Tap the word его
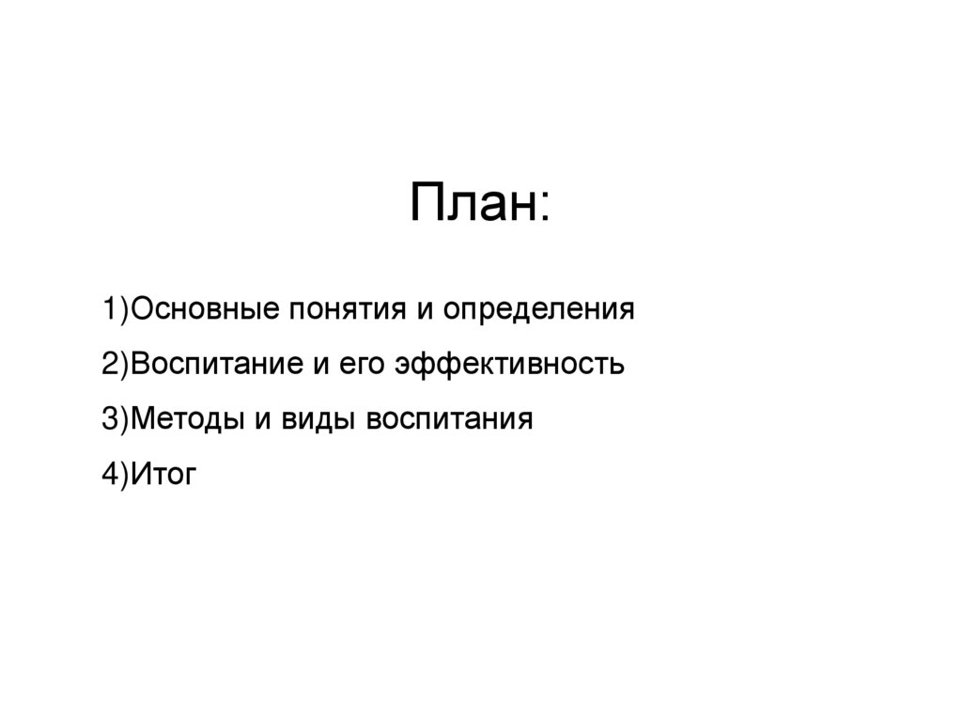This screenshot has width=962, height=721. (363, 366)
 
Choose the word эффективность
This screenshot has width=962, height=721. (510, 365)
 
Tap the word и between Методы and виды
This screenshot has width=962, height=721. (259, 420)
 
